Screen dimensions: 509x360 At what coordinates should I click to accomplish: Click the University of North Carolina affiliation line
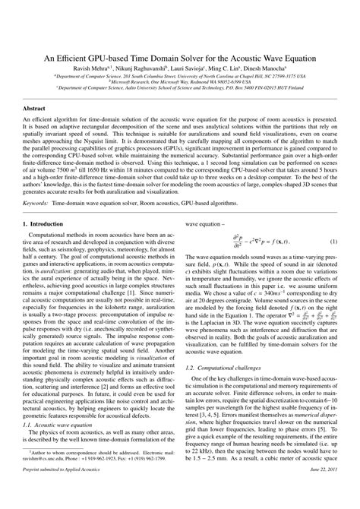click(x=180, y=76)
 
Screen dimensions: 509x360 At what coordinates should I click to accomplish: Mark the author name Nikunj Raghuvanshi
click(x=144, y=68)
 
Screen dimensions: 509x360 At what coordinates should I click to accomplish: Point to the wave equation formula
click(x=251, y=242)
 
